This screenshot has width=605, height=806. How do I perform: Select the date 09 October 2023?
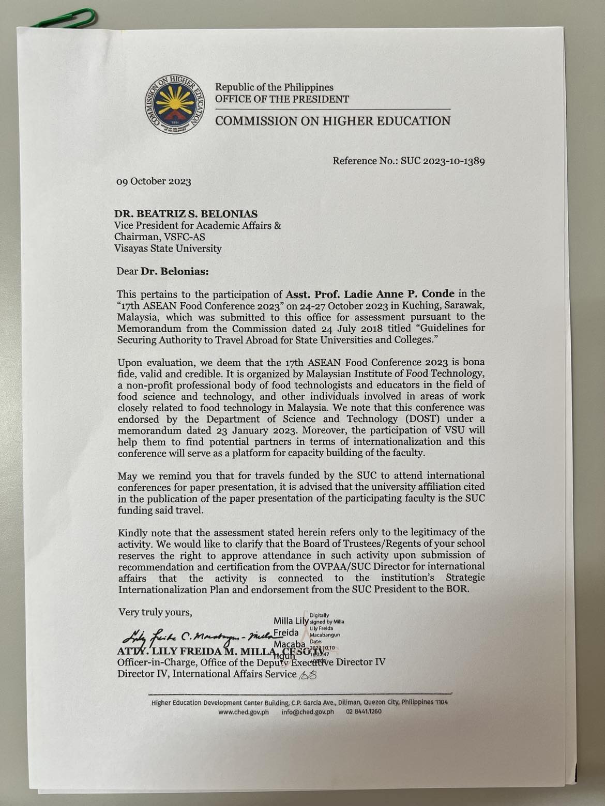(x=154, y=181)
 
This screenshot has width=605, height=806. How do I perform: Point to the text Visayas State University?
(x=168, y=249)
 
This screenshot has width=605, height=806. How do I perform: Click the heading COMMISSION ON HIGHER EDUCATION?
(x=332, y=121)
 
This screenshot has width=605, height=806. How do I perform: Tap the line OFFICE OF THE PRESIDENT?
(x=282, y=99)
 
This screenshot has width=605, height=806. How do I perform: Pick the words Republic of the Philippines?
(x=274, y=87)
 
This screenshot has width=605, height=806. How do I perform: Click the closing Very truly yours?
(x=155, y=612)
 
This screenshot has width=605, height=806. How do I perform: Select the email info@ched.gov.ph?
(x=308, y=711)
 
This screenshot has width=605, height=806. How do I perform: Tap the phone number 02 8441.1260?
(x=364, y=711)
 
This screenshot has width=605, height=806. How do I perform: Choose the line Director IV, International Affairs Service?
(x=207, y=674)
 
